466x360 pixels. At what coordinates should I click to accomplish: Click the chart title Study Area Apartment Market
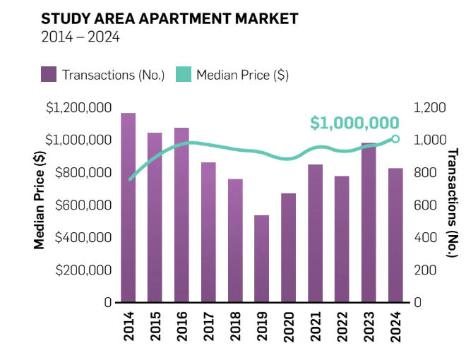point(169,18)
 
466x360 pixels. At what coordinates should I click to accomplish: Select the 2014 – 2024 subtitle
point(80,37)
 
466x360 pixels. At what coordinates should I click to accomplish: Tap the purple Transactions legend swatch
point(49,74)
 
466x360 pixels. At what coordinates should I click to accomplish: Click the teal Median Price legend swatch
point(183,74)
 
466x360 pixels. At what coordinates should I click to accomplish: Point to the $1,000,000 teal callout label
point(354,123)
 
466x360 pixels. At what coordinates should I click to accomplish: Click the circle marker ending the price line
point(395,139)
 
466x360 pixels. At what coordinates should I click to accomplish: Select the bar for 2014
point(128,208)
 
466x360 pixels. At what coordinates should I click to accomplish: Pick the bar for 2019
point(261,258)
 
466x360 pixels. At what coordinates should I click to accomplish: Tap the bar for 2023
point(369,222)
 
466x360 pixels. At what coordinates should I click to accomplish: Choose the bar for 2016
point(181,215)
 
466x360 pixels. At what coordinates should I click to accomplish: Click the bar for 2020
point(288,247)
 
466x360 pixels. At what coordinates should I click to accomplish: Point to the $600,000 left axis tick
point(78,205)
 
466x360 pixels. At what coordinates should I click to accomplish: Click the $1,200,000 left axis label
point(78,107)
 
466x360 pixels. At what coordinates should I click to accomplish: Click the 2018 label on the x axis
point(235,327)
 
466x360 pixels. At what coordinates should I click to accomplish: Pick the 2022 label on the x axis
point(342,327)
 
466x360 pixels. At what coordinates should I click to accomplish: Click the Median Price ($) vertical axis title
point(40,205)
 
